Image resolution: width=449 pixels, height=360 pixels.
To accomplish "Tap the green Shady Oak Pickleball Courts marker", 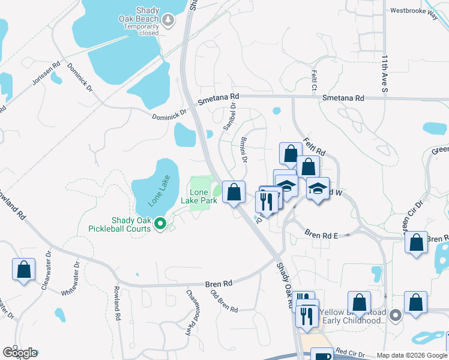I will (x=160, y=224).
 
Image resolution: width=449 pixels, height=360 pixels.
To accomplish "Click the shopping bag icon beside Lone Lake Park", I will (x=234, y=193).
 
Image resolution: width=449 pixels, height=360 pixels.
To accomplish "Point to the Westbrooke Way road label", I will (x=414, y=10).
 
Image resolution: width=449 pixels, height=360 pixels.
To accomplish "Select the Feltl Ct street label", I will (x=314, y=80).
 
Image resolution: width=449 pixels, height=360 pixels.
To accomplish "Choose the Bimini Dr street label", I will (x=244, y=150).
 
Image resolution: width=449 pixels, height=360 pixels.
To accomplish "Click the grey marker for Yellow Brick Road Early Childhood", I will (x=394, y=314).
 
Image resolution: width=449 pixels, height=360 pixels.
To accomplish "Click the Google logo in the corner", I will (x=20, y=352).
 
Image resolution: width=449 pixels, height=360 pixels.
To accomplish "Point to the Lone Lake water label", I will (x=160, y=190).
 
